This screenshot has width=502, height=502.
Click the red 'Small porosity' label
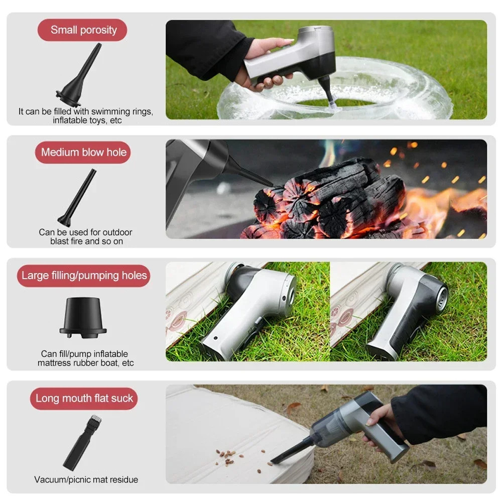[83, 30]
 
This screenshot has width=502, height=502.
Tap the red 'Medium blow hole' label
[83, 152]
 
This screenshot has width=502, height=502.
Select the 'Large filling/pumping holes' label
[84, 276]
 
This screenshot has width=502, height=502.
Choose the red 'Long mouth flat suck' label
[84, 399]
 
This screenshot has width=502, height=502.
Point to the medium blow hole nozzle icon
[78, 198]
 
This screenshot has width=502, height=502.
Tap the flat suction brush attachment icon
[82, 442]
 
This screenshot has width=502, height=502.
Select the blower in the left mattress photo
[251, 306]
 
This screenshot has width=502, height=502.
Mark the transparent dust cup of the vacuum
[331, 427]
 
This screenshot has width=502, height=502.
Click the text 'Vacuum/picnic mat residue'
[86, 479]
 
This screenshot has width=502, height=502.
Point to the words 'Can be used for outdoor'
[85, 232]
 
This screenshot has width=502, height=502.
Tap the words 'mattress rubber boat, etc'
[85, 363]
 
